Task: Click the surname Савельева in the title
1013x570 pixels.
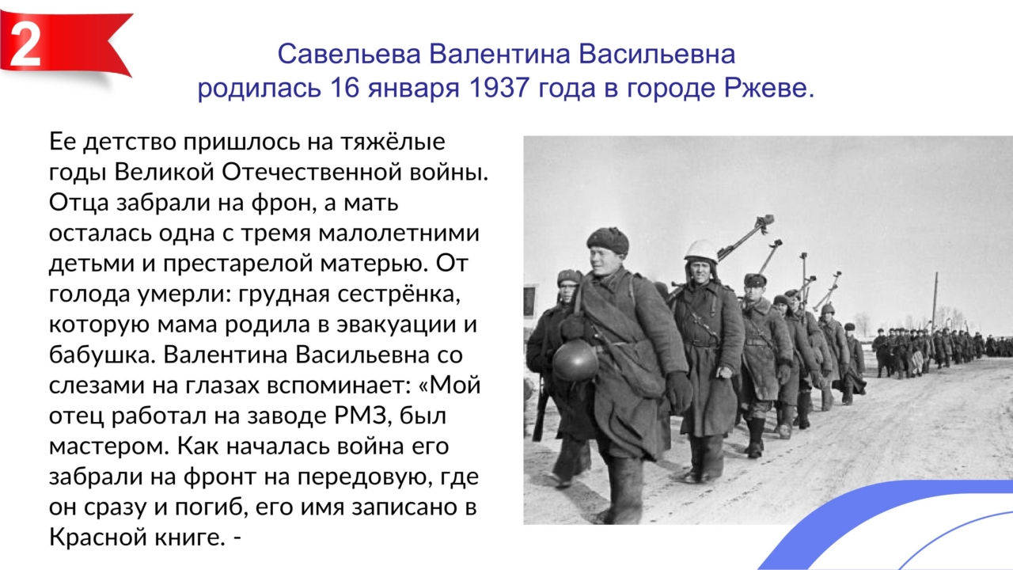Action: [349, 55]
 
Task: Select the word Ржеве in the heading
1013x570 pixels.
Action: [768, 88]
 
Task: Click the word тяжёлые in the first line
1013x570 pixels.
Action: [393, 142]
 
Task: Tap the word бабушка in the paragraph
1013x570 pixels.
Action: [102, 355]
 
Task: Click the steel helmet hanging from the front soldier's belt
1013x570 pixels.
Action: [575, 360]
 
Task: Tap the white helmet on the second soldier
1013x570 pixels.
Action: [701, 250]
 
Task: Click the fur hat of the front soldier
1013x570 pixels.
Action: [607, 240]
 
